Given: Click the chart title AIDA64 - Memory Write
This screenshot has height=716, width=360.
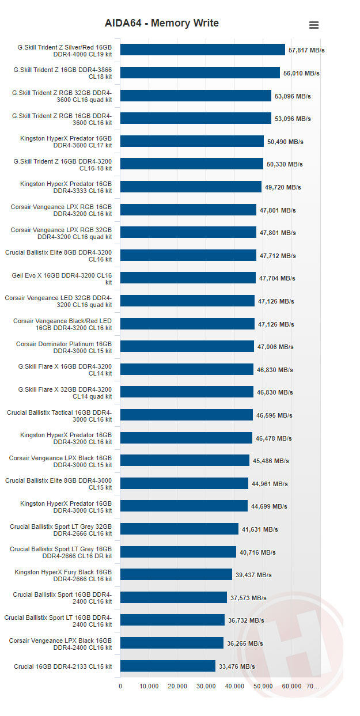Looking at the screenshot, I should pyautogui.click(x=161, y=23).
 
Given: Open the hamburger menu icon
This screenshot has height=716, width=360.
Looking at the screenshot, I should pyautogui.click(x=314, y=25).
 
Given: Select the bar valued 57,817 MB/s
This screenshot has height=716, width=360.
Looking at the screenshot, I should pyautogui.click(x=202, y=50).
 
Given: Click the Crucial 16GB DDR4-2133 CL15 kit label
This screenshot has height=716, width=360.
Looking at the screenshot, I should pyautogui.click(x=63, y=666).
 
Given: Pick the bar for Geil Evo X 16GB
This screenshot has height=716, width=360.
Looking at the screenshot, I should pyautogui.click(x=188, y=278).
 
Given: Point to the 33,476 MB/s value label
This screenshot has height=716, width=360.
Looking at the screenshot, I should pyautogui.click(x=237, y=666).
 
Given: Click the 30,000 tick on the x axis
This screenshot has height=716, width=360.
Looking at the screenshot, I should pyautogui.click(x=206, y=686).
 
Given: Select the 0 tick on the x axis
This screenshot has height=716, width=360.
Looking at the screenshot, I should pyautogui.click(x=120, y=686).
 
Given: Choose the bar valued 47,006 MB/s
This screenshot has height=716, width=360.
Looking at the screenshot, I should pyautogui.click(x=187, y=347).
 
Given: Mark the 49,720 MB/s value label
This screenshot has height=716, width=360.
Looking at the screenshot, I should pyautogui.click(x=283, y=187).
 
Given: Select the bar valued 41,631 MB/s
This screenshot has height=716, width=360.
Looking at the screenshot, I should pyautogui.click(x=179, y=529).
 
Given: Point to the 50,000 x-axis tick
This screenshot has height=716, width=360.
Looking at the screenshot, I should pyautogui.click(x=263, y=686).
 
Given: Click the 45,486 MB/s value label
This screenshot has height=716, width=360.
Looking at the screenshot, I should pyautogui.click(x=271, y=461).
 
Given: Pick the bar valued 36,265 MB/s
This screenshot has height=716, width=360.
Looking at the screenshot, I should pyautogui.click(x=172, y=643).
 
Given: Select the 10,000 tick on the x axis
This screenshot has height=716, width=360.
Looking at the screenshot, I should pyautogui.click(x=149, y=686).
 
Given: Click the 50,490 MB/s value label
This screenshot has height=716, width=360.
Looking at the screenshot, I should pyautogui.click(x=285, y=142).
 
